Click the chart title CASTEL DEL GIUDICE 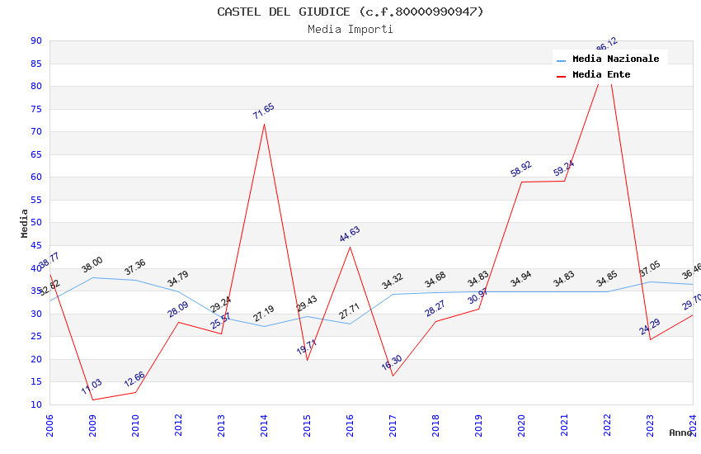point(350,12)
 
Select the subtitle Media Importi point(350,29)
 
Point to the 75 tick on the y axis point(35,109)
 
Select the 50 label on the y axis point(35,223)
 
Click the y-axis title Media point(25,223)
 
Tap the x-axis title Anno point(680,433)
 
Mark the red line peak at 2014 point(264,124)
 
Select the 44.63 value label point(350,234)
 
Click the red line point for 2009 point(92,400)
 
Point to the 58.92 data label point(521,169)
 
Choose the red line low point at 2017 point(393,376)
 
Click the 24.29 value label point(650,327)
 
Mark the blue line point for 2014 point(264,326)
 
